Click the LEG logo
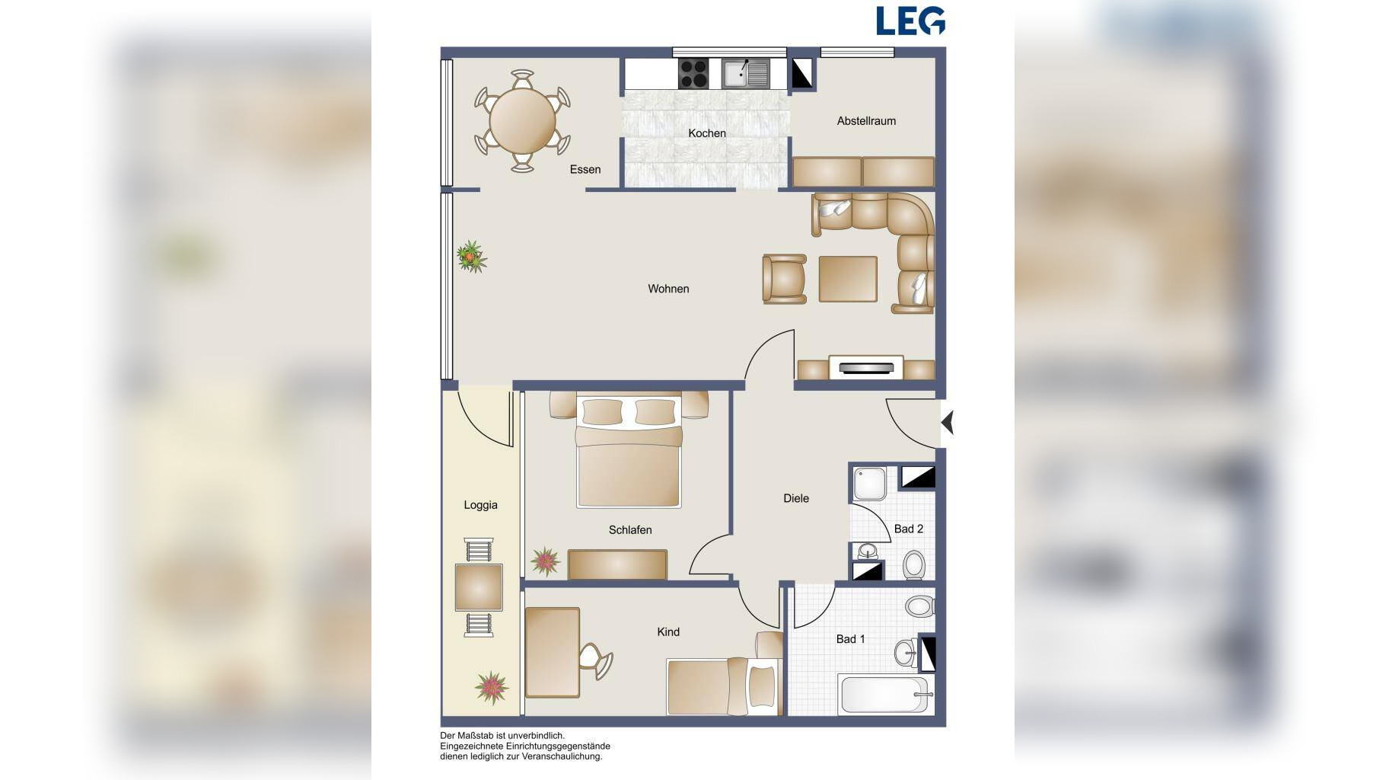point(910,21)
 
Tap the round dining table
point(522,120)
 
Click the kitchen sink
point(745,74)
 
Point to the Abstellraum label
point(866,121)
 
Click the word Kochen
point(707,133)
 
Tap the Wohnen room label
point(668,289)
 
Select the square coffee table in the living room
point(848,279)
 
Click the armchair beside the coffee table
point(785,279)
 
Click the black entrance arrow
point(948,422)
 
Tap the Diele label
point(796,498)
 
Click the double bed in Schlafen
point(629,450)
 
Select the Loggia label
point(480,505)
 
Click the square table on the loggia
point(479,587)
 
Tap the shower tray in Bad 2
point(869,483)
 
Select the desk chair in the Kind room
point(595,660)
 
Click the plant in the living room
point(472,257)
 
